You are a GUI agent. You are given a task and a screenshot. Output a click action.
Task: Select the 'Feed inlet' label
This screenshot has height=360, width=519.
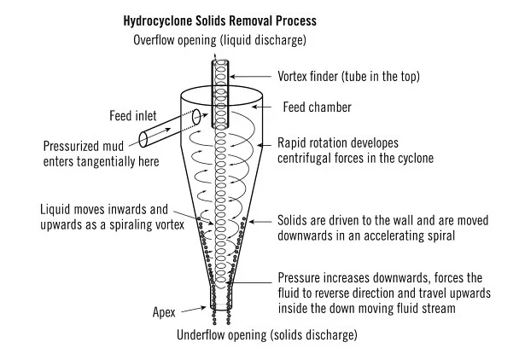133,115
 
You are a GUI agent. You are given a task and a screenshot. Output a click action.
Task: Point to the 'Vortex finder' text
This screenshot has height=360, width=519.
305,75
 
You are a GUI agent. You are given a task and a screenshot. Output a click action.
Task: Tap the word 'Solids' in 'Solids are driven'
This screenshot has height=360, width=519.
294,221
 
